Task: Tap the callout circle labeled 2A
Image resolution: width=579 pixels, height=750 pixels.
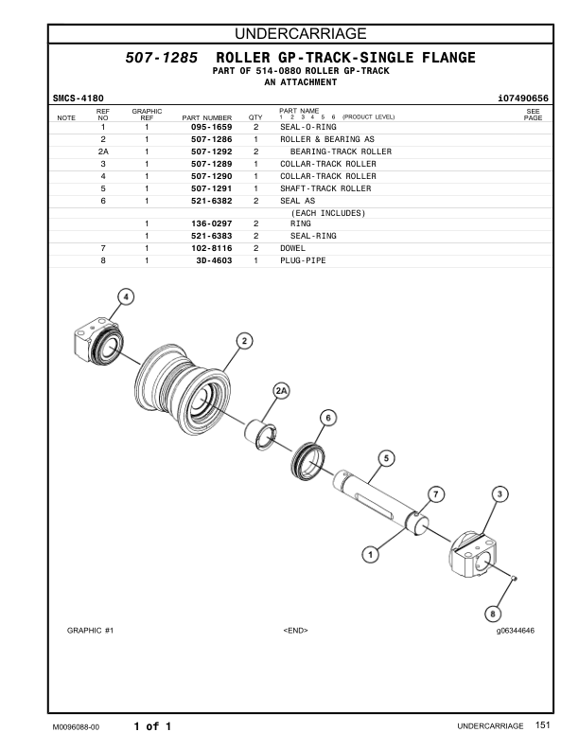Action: pos(281,390)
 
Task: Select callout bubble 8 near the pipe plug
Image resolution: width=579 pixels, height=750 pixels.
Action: pos(492,612)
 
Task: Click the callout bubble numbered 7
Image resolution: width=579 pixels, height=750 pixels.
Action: pos(435,493)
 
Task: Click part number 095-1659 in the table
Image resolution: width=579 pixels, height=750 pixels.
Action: pos(211,127)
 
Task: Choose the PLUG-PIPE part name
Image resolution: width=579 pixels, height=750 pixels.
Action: pos(302,260)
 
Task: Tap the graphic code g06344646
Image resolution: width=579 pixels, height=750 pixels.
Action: pos(515,630)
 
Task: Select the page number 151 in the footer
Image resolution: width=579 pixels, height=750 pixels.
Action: pos(541,725)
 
